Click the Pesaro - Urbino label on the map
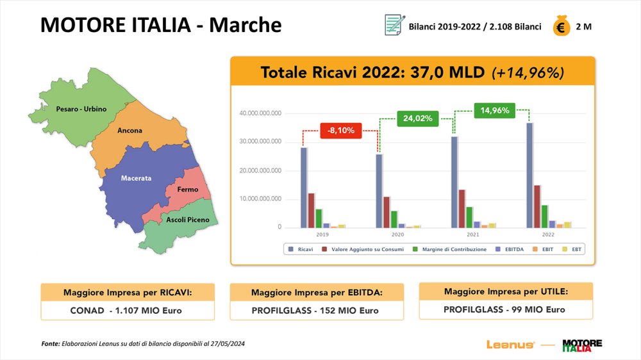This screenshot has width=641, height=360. pyautogui.click(x=81, y=109)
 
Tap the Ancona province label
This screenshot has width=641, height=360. pyautogui.click(x=129, y=131)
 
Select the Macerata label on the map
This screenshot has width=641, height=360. pyautogui.click(x=136, y=178)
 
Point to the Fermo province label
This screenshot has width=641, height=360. pyautogui.click(x=187, y=190)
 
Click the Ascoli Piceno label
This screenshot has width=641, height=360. pyautogui.click(x=187, y=220)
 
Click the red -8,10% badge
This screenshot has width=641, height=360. pyautogui.click(x=340, y=131)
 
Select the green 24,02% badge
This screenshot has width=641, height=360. pyautogui.click(x=418, y=118)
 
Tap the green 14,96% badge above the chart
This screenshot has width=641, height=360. pyautogui.click(x=495, y=110)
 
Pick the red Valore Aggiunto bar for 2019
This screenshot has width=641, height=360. pyautogui.click(x=311, y=210)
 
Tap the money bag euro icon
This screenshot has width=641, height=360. pyautogui.click(x=562, y=27)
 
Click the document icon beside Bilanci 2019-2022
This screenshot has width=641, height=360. pyautogui.click(x=393, y=26)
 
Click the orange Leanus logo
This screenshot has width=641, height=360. pyautogui.click(x=510, y=345)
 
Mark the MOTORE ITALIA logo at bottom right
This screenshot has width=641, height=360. pyautogui.click(x=582, y=345)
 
